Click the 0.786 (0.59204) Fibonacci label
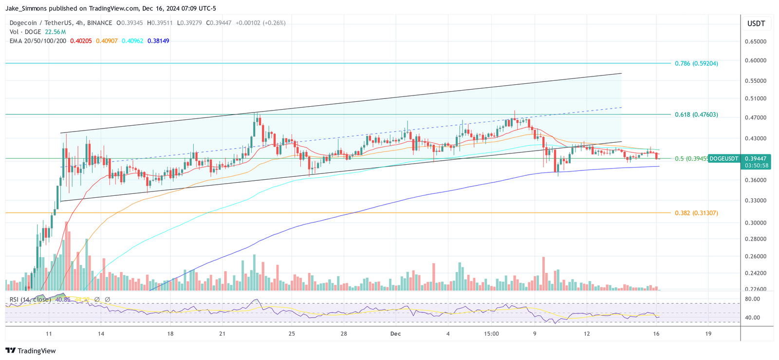point(696,63)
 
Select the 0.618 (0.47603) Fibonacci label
point(696,114)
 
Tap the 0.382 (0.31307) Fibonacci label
point(696,213)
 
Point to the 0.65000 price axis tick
point(756,41)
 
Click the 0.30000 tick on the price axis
point(756,223)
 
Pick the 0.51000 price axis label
point(756,98)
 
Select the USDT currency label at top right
point(756,23)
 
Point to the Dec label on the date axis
point(395,334)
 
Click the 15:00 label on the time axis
point(491,334)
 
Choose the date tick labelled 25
point(292,334)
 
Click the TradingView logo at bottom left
point(31,351)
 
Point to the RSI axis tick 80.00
point(752,299)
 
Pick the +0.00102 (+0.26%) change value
point(260,23)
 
